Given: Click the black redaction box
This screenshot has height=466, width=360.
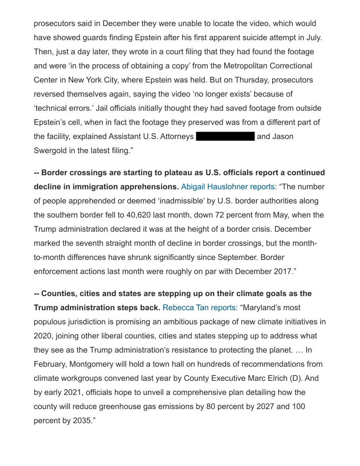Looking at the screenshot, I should pos(225,136).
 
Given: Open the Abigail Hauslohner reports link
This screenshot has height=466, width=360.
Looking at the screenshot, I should pos(228,187).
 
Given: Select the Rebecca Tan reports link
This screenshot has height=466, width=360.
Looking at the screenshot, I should pos(200,308).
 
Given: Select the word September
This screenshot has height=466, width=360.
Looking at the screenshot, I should pos(239,257).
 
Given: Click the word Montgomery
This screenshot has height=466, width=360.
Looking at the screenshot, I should pos(100,364).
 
